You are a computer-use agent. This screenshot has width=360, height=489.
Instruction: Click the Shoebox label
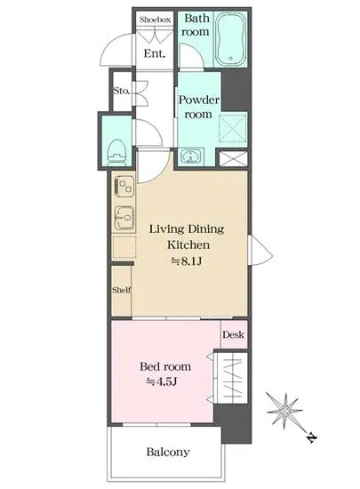[x=155, y=20]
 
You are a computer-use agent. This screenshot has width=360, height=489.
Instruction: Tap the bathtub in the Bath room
[x=231, y=40]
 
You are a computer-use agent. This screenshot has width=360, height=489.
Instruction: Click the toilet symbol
[x=116, y=153]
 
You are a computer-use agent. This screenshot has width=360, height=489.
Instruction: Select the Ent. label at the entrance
[x=155, y=53]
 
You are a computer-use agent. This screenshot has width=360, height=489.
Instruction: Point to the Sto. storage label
[x=121, y=91]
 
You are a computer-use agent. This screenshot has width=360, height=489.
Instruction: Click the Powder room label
[x=198, y=107]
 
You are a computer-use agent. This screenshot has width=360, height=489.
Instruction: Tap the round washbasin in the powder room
[x=190, y=156]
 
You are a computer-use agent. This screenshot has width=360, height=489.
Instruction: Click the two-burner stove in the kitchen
[x=124, y=187]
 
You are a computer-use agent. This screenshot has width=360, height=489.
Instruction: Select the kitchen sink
[x=124, y=218]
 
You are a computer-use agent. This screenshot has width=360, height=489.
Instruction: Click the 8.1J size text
[x=187, y=261]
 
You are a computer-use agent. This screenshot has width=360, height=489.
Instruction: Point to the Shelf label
[x=122, y=290]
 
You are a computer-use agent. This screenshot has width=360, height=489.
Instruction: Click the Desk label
[x=233, y=334]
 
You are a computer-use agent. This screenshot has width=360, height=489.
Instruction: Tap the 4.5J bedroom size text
[x=162, y=381]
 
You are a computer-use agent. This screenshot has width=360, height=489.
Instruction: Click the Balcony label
[x=168, y=452]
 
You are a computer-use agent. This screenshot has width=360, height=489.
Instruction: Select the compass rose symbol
[x=284, y=410]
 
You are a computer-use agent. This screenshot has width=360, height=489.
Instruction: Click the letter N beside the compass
[x=310, y=437]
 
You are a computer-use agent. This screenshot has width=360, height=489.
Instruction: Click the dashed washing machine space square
[x=233, y=128]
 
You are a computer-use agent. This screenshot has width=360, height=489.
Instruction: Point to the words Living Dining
[x=187, y=229]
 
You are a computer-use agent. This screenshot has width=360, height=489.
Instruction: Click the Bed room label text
[x=165, y=365]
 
